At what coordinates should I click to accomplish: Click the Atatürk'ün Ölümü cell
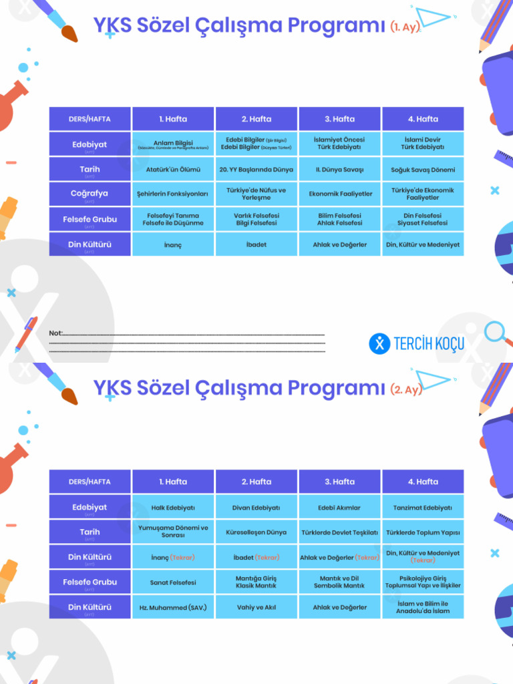pos(173,170)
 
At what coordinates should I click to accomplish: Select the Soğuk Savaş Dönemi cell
pos(423,170)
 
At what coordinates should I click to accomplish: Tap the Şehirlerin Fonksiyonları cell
pos(173,194)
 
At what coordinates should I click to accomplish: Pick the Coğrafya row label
pos(90,194)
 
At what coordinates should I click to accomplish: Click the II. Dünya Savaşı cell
pos(339,170)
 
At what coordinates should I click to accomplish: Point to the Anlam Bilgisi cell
pos(173,144)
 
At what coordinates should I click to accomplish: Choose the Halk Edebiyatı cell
pos(173,508)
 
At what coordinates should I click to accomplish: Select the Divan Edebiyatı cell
pos(256,508)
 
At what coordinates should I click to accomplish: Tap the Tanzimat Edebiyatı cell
pos(423,508)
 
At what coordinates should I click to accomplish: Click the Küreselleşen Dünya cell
pos(256,532)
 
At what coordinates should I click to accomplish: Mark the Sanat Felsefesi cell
pos(173,582)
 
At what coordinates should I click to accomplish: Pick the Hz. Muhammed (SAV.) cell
pos(173,607)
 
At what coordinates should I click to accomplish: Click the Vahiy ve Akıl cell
pos(256,607)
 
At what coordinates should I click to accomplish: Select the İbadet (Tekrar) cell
pos(256,557)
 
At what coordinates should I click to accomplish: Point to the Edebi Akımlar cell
pos(339,508)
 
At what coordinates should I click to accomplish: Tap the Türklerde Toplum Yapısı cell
pos(423,532)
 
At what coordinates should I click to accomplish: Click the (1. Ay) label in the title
pos(405,27)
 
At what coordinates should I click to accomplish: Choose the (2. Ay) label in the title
pos(406,389)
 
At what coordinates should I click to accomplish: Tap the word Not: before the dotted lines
pos(55,333)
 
